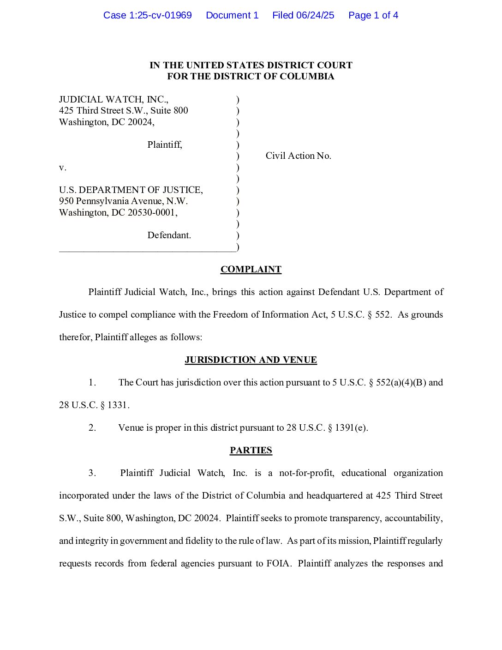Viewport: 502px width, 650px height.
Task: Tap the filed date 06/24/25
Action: click(x=315, y=15)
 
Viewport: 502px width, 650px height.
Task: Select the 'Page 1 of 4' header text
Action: click(x=373, y=15)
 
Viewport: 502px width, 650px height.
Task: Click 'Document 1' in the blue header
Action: click(x=232, y=15)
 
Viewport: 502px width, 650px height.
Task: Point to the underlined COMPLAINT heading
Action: click(x=251, y=270)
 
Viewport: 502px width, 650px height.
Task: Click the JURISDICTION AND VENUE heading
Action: click(x=251, y=360)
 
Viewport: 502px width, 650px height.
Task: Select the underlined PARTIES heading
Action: click(x=251, y=451)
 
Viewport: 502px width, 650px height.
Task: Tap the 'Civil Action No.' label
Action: click(x=298, y=156)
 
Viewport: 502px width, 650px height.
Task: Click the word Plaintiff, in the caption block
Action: click(x=165, y=145)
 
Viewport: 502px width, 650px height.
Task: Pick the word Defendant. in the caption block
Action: click(x=169, y=235)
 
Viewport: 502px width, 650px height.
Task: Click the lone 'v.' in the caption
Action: click(x=63, y=168)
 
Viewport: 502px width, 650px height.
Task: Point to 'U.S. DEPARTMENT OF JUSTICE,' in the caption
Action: click(x=131, y=190)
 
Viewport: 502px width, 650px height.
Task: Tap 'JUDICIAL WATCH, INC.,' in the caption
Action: click(x=114, y=100)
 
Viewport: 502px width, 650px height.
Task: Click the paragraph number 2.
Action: click(x=92, y=428)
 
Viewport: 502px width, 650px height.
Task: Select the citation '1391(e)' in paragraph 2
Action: click(x=351, y=428)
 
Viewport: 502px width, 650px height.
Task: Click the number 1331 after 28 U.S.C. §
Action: click(x=118, y=405)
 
